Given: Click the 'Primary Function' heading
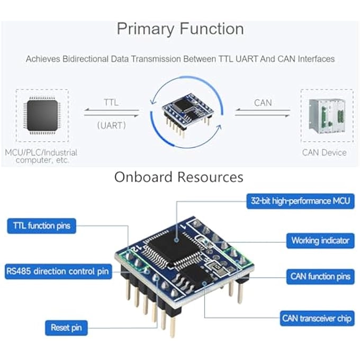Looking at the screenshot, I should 180,29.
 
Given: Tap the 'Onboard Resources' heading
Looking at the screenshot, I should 179,177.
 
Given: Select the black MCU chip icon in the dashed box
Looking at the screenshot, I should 42,115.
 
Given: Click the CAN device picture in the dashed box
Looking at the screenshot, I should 323,115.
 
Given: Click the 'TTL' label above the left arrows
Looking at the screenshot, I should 111,102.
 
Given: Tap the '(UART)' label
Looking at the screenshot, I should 111,125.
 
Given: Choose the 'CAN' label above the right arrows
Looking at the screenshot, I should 263,102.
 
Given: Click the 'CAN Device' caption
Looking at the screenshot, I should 324,152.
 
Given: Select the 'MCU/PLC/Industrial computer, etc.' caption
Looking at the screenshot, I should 42,156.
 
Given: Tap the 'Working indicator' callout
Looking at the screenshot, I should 320,240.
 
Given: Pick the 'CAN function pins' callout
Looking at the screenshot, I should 320,276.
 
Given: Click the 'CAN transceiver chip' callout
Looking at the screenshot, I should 317,319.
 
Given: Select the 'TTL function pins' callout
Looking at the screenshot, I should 42,226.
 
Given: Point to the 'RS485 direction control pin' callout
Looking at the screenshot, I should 58,272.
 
